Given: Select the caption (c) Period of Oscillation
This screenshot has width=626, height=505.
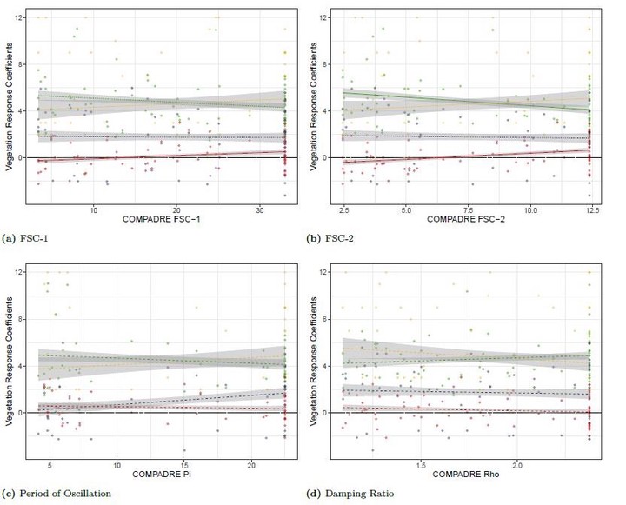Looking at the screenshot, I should pyautogui.click(x=63, y=493).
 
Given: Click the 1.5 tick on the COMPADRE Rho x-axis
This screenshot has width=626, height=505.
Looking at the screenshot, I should pyautogui.click(x=421, y=465).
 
